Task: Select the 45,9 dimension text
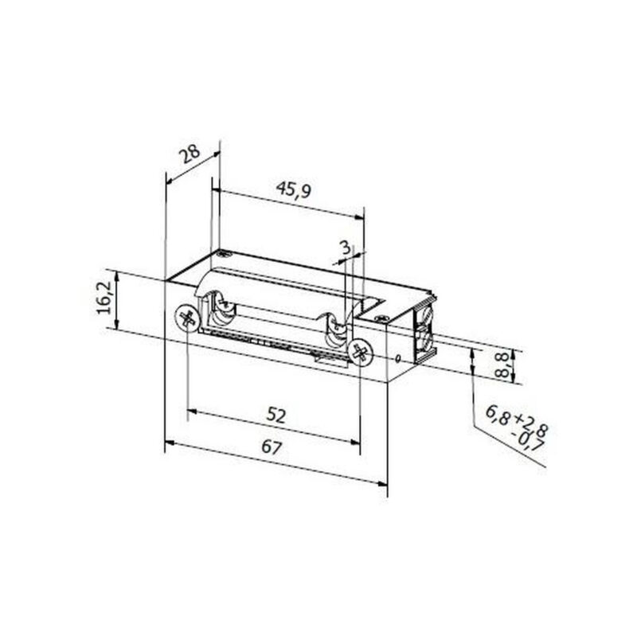[293, 190]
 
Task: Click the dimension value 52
[276, 416]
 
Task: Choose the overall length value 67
[272, 448]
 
